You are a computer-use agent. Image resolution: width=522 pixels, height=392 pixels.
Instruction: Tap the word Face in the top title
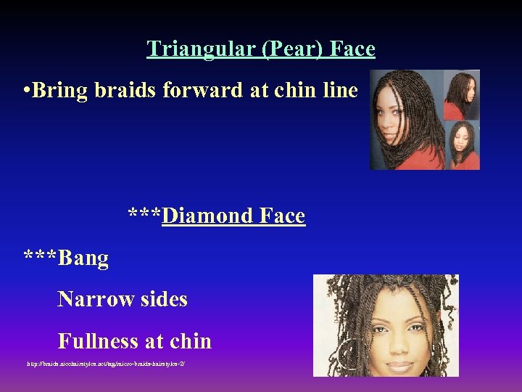pos(352,49)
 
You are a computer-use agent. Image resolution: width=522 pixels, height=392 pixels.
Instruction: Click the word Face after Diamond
pos(282,216)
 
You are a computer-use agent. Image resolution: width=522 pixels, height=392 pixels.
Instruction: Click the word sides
pos(162,299)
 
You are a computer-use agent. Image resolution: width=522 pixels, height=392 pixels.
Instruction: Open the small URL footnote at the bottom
pos(106,362)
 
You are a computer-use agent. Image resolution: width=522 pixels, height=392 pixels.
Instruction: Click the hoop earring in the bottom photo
pos(346,356)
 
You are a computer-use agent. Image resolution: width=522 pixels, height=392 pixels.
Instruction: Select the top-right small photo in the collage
pos(461,94)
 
